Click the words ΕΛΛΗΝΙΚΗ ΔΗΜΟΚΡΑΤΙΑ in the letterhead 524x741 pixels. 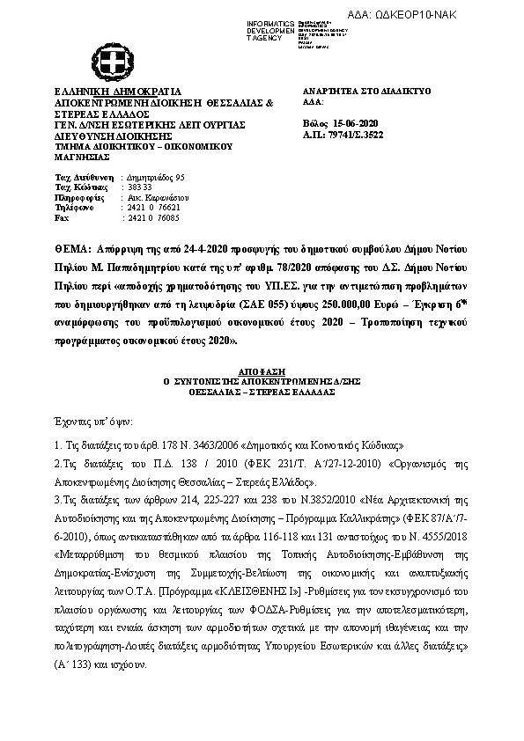(x=105, y=91)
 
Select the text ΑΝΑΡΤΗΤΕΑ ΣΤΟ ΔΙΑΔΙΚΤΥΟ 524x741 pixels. (x=353, y=91)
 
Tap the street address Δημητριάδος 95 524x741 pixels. (x=154, y=177)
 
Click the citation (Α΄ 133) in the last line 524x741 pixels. (x=76, y=666)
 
